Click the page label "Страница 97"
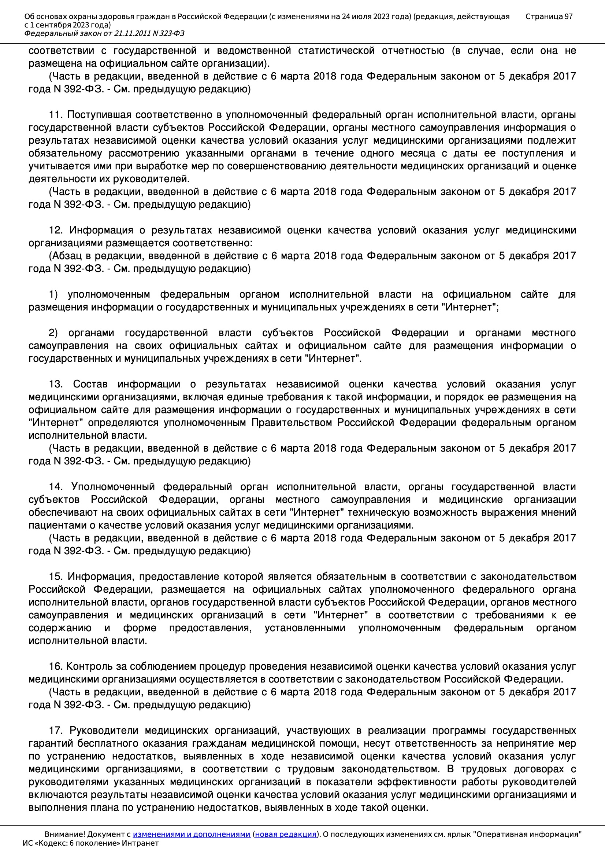click(x=549, y=16)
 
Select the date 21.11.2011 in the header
click(x=133, y=34)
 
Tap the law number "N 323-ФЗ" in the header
click(x=168, y=34)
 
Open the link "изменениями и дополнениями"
click(x=191, y=834)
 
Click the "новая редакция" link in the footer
click(x=286, y=834)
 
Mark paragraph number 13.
click(x=56, y=385)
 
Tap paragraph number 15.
click(x=56, y=577)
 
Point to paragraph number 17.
click(x=56, y=731)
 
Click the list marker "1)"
click(x=53, y=294)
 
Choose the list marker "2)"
click(x=53, y=333)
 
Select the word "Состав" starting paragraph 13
click(x=90, y=385)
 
